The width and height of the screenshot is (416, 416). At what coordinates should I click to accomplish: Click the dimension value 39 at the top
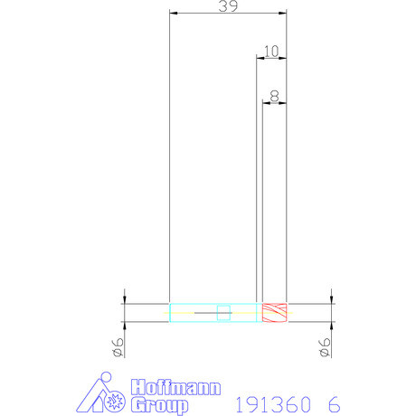point(228,6)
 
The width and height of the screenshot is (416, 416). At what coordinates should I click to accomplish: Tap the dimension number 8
point(274,93)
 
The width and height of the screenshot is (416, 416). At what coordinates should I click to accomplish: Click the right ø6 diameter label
point(325,346)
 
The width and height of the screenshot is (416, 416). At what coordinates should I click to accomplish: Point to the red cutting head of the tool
point(274,312)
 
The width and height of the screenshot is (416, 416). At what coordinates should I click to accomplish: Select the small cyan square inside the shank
point(222,313)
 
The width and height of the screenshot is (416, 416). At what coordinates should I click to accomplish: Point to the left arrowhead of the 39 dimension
point(174,13)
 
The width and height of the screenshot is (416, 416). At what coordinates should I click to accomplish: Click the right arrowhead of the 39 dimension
point(282,13)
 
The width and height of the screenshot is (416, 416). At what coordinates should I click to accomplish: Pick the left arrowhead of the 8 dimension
point(266,100)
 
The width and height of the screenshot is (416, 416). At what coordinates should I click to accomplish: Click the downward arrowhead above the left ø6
point(124,298)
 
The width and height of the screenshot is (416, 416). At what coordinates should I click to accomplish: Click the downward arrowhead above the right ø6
point(331,298)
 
